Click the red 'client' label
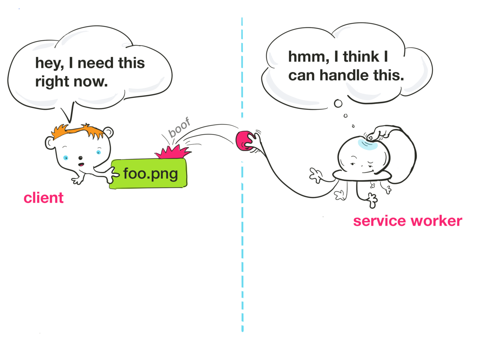[x=44, y=198]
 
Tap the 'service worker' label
[x=407, y=221]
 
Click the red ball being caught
[x=244, y=141]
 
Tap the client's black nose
[x=80, y=158]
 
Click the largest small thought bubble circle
[x=338, y=104]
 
